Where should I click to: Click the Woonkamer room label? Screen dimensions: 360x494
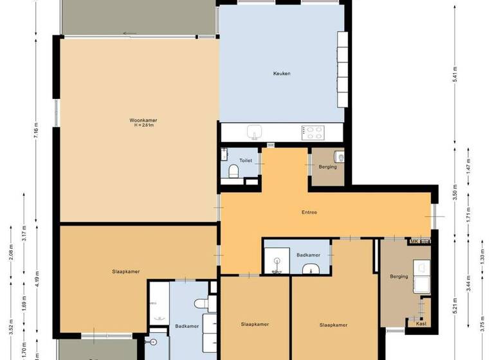click(143, 120)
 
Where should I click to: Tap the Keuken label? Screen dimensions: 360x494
click(282, 73)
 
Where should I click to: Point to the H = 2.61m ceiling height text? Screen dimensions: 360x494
click(143, 125)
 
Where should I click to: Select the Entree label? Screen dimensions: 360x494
click(309, 212)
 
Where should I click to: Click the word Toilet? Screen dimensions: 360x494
click(246, 161)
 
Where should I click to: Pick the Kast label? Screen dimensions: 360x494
click(421, 323)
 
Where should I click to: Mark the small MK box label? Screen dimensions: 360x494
click(415, 241)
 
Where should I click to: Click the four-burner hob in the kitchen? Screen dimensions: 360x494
click(313, 132)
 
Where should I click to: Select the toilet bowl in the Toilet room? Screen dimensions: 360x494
click(235, 171)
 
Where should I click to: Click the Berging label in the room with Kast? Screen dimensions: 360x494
click(399, 277)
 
